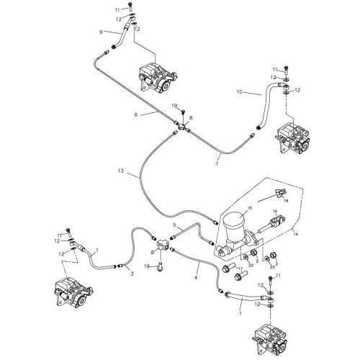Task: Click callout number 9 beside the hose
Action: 101,32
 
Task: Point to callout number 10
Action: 239,92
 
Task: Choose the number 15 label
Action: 251,208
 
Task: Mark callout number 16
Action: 274,212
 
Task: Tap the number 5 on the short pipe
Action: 174,225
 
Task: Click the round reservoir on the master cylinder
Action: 235,226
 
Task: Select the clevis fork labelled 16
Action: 274,222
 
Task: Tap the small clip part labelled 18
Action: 280,192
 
